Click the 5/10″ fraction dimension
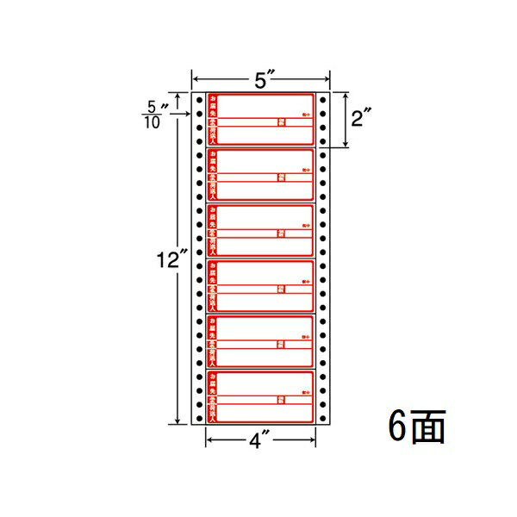156,112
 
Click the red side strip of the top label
212,120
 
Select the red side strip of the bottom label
212,397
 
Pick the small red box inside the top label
281,122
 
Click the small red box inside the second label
281,178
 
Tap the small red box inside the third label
281,234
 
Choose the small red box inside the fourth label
281,289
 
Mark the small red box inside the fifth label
281,345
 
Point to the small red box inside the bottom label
281,400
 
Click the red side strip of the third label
212,231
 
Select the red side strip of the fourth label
212,286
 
